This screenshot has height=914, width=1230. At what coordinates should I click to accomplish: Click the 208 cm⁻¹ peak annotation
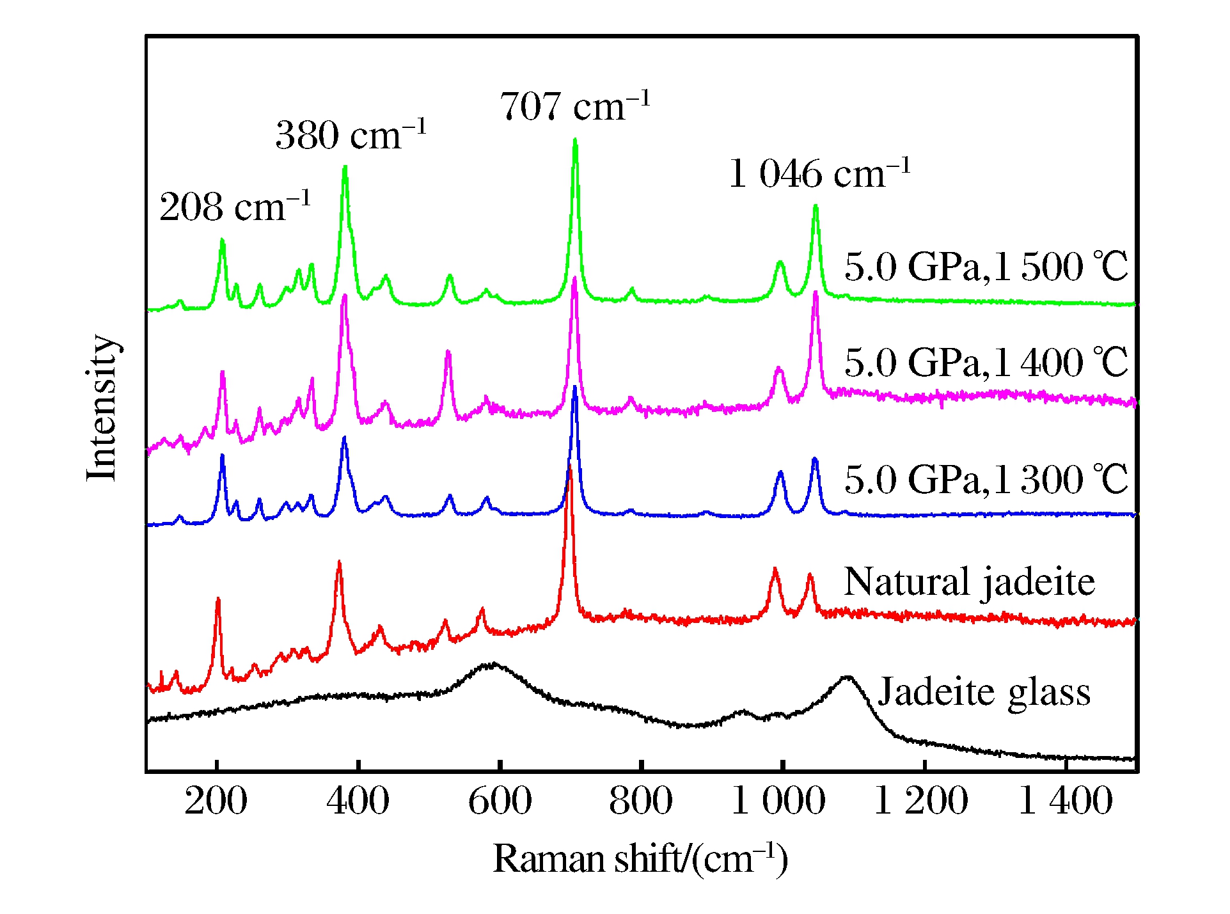(x=235, y=207)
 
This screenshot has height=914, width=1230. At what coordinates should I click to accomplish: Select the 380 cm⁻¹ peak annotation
(x=351, y=135)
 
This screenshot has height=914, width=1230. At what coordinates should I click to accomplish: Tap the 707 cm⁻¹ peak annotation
(x=574, y=106)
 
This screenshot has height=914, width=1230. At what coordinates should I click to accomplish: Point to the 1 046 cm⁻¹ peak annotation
(x=819, y=174)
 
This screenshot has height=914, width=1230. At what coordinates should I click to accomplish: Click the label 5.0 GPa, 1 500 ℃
(x=986, y=266)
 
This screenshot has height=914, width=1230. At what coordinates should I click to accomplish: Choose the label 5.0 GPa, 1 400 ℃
(x=986, y=363)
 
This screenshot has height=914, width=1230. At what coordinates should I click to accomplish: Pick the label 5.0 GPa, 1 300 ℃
(x=986, y=479)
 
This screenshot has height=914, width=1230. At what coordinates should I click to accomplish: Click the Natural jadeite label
(x=969, y=582)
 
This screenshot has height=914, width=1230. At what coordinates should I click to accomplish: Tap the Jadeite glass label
(x=984, y=692)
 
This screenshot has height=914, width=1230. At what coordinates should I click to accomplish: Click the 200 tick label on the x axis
(x=216, y=801)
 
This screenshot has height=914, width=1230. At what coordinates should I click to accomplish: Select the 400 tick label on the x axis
(x=358, y=801)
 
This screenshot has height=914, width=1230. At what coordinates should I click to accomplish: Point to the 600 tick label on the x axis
(x=500, y=801)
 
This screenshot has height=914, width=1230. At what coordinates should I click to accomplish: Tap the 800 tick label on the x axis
(x=641, y=801)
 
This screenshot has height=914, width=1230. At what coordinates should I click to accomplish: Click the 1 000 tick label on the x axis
(x=778, y=801)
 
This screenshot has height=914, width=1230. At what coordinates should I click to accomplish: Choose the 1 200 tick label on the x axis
(x=921, y=801)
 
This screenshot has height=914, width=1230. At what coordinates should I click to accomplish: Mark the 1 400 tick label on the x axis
(x=1065, y=801)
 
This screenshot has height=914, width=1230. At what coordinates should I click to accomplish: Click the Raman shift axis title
(x=640, y=858)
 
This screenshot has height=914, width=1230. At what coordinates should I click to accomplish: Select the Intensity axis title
(x=102, y=407)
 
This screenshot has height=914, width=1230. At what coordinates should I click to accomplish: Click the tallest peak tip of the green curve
(x=575, y=139)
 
